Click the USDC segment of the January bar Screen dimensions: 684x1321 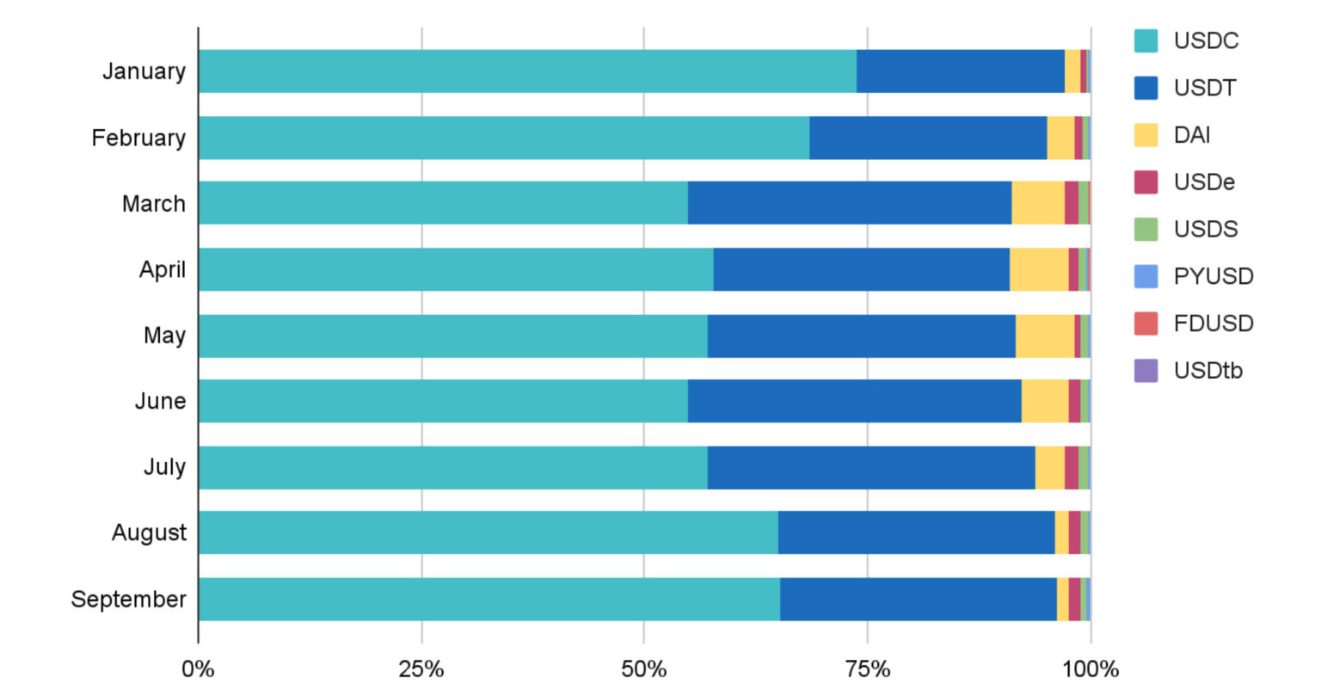527,71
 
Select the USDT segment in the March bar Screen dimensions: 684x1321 850,203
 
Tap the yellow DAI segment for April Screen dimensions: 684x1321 1039,269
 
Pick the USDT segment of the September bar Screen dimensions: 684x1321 919,599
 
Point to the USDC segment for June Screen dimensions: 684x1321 443,401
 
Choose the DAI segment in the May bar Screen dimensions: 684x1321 1045,336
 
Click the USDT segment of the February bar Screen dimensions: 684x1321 928,138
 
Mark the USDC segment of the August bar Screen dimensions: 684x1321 488,533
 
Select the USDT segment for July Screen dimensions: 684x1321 871,467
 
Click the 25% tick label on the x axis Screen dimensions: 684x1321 421,669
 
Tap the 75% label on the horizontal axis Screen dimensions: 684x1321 867,669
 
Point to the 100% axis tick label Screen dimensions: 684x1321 1090,669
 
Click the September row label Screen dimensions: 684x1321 128,599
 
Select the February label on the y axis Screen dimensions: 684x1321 138,138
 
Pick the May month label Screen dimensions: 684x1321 164,336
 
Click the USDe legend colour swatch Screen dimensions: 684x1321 1146,182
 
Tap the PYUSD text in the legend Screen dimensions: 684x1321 1213,276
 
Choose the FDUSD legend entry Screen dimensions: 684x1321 1213,324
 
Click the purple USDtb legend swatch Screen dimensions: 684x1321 1146,371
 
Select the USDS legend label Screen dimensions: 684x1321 1205,229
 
